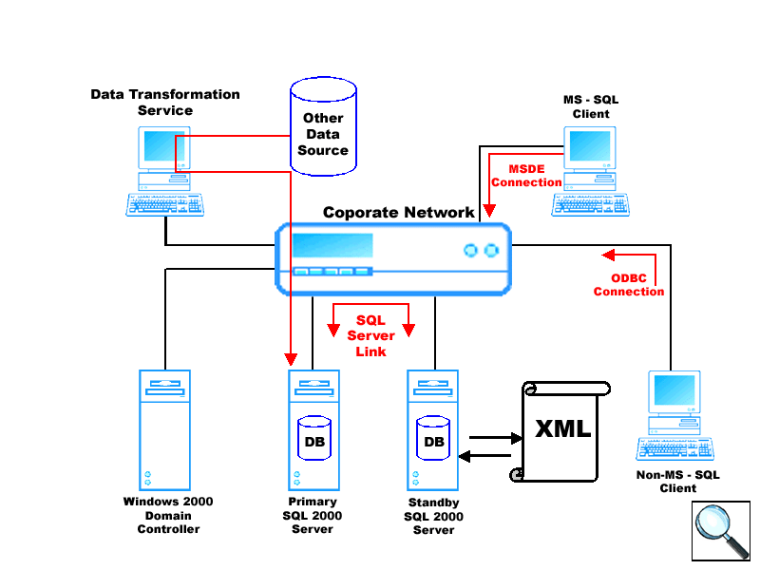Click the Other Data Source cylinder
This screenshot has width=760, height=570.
323,128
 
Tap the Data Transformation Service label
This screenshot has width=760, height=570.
165,103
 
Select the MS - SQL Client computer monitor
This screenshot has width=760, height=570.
590,148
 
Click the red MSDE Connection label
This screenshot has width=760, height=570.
526,176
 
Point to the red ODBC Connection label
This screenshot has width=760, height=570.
629,285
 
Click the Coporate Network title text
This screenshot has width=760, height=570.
398,212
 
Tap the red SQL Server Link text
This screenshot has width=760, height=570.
371,336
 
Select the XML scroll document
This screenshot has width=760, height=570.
562,430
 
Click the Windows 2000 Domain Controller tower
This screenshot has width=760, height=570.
165,428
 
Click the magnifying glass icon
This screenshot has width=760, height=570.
721,530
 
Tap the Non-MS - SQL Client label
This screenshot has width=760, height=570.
678,482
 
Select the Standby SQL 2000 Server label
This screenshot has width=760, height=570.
433,516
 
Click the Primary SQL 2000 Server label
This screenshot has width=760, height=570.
313,515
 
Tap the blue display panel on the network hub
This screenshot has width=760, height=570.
332,246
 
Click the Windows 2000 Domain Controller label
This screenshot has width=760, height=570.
168,515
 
